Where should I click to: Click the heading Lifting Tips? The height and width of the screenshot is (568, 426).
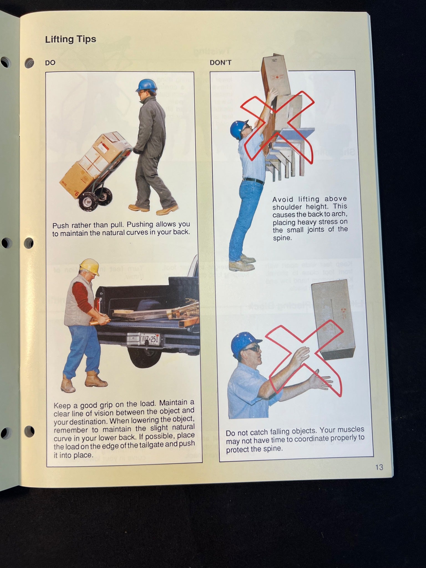tap(70, 39)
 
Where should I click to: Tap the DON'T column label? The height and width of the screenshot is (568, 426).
tap(220, 63)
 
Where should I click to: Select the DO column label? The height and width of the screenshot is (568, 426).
tap(50, 63)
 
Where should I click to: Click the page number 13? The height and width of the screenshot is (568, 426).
tap(379, 467)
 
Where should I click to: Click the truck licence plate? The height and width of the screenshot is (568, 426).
tap(150, 339)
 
